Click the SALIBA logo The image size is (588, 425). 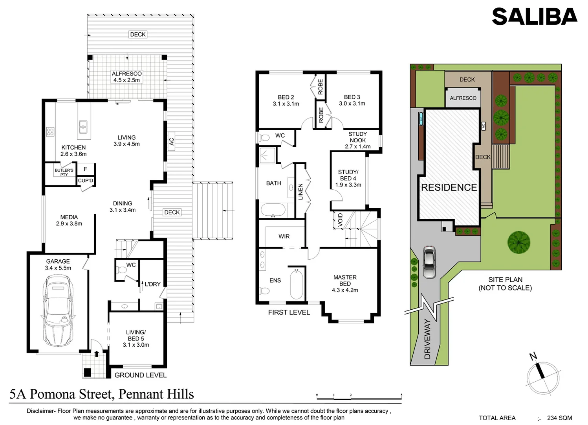point(534,17)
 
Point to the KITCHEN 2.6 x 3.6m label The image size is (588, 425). point(73,151)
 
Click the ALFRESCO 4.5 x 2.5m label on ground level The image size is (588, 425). point(126,77)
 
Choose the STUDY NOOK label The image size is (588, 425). point(357,140)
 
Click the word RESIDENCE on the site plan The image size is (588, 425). point(449,188)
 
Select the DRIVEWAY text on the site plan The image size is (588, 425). point(427,338)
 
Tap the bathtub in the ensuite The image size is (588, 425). point(296,284)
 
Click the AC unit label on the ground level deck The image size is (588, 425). point(171,141)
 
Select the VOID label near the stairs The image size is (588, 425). point(340,220)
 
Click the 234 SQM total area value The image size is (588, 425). point(559,418)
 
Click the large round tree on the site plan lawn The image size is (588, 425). point(518,242)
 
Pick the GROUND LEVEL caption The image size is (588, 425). point(140,375)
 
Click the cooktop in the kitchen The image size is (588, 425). point(50,132)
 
